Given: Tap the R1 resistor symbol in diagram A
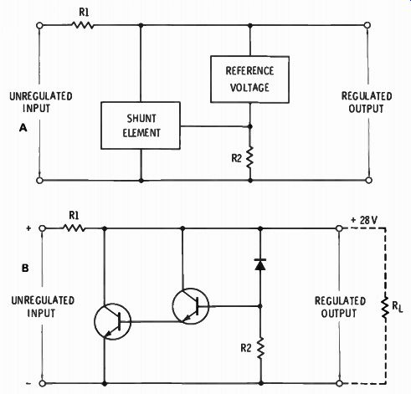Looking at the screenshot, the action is [x=83, y=25].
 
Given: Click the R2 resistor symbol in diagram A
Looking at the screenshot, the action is [x=249, y=157].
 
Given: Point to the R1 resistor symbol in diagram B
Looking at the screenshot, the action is [x=74, y=228].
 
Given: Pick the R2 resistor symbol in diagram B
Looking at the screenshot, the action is [x=260, y=348].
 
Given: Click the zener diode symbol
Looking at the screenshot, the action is [x=260, y=264].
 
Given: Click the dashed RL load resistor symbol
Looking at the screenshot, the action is [x=386, y=307].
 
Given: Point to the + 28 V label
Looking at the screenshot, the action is [x=364, y=220].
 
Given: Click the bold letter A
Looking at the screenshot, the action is [x=23, y=128].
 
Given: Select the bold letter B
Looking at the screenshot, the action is [x=25, y=269].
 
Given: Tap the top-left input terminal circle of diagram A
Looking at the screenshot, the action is [x=39, y=25].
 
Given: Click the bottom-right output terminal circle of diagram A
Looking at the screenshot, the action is [x=368, y=180].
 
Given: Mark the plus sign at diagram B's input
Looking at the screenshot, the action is [x=28, y=228].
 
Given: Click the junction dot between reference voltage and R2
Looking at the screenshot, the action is [x=250, y=126].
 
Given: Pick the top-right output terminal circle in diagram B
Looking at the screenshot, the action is [x=339, y=228].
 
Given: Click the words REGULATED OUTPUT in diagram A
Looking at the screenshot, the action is [x=367, y=102].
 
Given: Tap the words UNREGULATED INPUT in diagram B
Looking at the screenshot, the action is [x=43, y=306].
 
